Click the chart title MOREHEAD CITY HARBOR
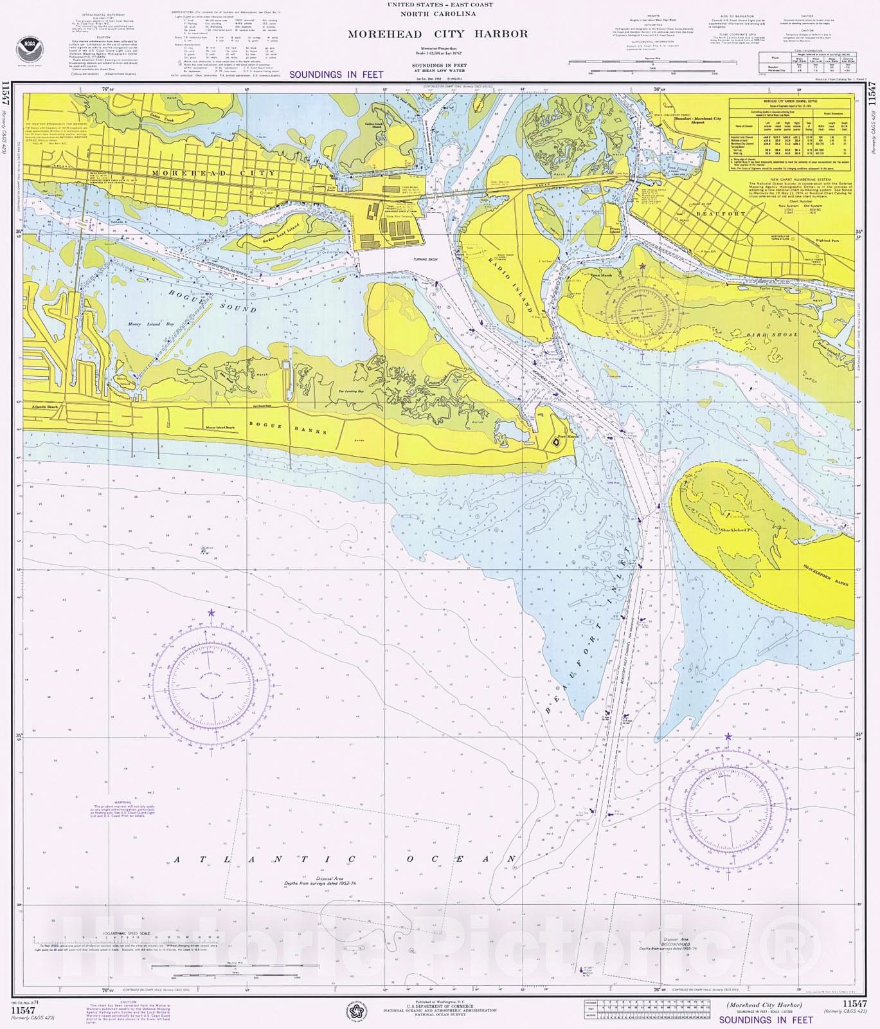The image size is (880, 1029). click(x=438, y=34)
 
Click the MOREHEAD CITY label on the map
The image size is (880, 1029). click(x=214, y=173)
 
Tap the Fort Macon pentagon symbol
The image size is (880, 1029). click(x=555, y=442)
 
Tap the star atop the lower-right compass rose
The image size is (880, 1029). click(x=728, y=736)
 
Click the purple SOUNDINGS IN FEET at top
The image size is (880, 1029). click(x=336, y=75)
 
